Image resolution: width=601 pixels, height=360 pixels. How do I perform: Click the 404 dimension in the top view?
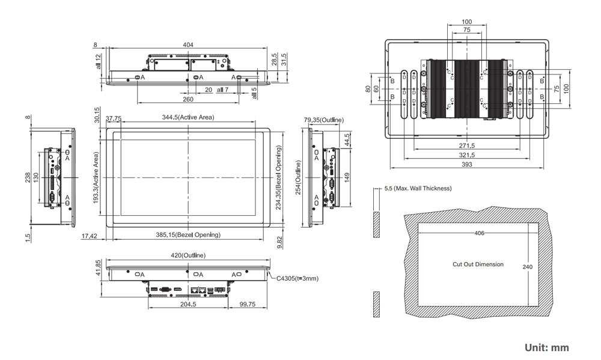click(188, 45)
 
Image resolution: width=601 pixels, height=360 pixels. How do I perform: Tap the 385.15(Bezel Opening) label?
click(188, 234)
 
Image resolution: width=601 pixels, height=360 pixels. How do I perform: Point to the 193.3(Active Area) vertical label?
click(96, 177)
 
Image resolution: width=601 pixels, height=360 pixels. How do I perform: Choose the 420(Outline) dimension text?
click(188, 255)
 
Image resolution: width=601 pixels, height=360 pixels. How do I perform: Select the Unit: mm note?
click(546, 347)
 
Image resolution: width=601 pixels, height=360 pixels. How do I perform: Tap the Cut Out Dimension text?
click(478, 264)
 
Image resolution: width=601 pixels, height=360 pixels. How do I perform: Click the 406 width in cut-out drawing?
click(480, 233)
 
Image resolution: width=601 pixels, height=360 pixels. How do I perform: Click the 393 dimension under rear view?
click(467, 164)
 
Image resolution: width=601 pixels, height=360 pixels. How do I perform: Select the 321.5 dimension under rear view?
click(467, 155)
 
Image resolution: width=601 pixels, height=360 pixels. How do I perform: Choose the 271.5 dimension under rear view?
click(467, 146)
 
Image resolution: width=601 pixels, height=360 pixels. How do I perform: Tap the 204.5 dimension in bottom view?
click(188, 305)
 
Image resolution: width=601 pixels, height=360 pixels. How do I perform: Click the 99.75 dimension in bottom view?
click(247, 305)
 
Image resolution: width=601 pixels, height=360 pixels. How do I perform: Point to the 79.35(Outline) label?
click(323, 120)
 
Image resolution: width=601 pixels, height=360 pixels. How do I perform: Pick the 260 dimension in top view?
click(188, 99)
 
